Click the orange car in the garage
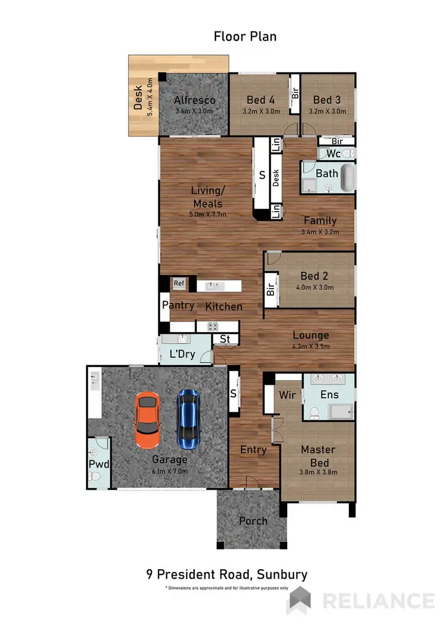pos(148,421)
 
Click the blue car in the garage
pos(188,418)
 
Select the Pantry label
pos(178,305)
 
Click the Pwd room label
pos(98,464)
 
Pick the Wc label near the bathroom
pos(333,154)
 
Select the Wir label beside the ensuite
pos(288,394)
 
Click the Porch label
pos(253,521)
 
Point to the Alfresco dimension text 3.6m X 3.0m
pos(195,111)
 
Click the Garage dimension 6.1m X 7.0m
pos(169,471)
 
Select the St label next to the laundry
pos(225,339)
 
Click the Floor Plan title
pos(245,37)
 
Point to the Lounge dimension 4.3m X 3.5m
pos(310,347)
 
